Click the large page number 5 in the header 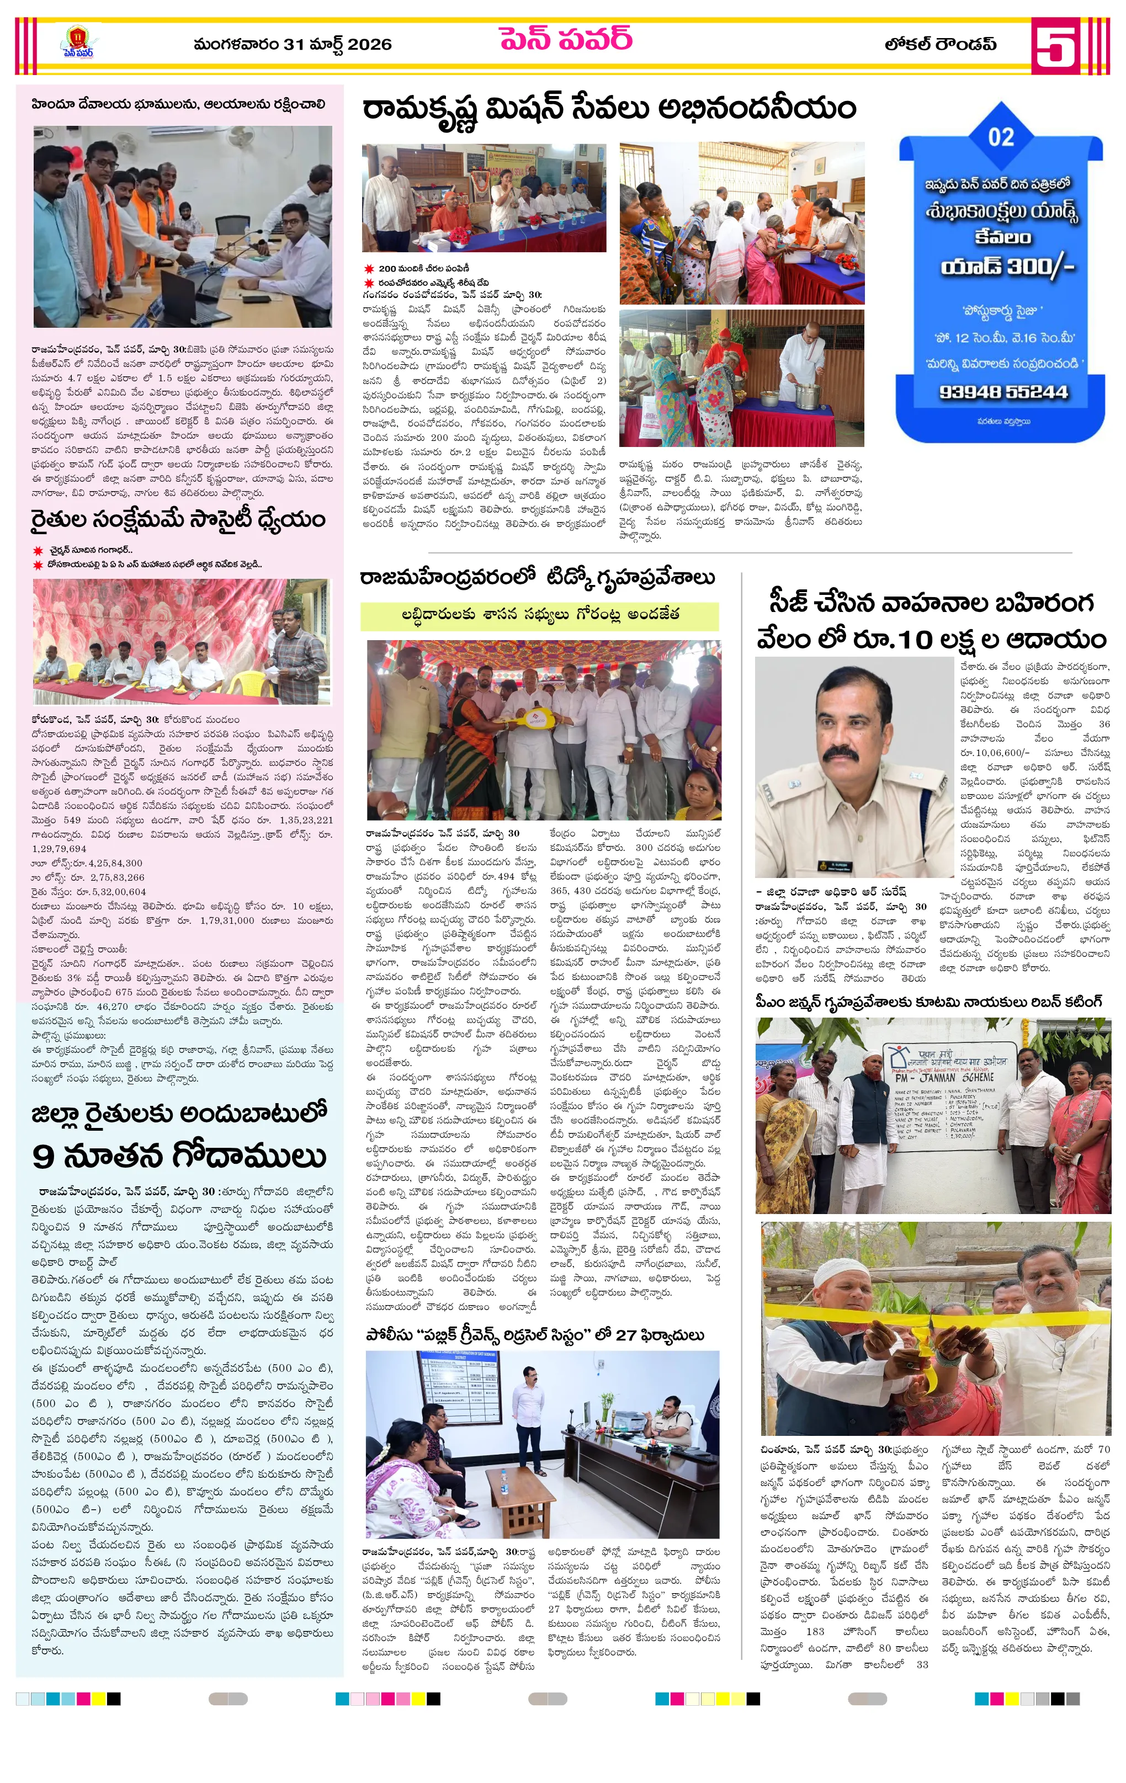click(1055, 46)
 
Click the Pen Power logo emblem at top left click(78, 41)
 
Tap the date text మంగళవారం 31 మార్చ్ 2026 click(293, 45)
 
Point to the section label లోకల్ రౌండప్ click(940, 45)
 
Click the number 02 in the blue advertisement click(1001, 137)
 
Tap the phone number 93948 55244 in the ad click(1004, 392)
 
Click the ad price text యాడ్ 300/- click(1007, 266)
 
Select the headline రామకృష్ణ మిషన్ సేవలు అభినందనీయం click(609, 110)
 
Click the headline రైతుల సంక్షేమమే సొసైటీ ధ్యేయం click(178, 520)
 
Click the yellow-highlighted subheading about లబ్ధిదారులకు click(540, 615)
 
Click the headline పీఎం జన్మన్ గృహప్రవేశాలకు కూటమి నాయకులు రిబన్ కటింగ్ click(929, 1002)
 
